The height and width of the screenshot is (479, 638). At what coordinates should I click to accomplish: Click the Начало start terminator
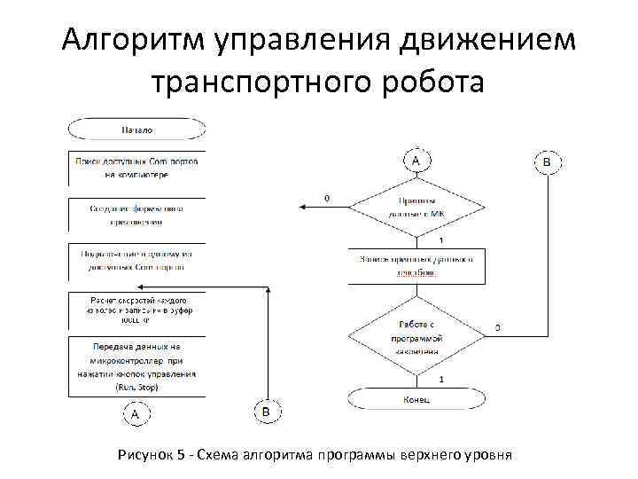click(136, 130)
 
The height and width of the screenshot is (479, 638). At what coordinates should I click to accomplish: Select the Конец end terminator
click(416, 400)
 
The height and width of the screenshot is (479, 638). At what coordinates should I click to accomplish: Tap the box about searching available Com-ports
click(136, 168)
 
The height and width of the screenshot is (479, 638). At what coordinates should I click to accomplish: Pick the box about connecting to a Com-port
click(136, 260)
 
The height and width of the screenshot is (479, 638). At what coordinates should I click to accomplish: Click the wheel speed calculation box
click(136, 310)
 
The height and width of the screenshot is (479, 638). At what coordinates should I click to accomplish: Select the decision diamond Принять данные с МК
click(416, 207)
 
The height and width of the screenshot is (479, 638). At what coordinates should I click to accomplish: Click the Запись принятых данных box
click(416, 265)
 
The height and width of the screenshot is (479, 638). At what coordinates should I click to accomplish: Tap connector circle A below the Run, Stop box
click(135, 414)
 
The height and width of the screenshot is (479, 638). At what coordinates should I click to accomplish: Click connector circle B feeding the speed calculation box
click(267, 412)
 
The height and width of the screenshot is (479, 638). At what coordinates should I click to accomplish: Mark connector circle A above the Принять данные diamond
click(416, 161)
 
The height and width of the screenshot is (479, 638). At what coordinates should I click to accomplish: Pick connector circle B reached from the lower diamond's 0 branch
click(547, 161)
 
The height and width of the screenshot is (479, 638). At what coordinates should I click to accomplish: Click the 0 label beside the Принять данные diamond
click(327, 198)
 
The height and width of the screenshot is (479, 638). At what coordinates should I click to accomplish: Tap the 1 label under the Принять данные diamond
click(441, 240)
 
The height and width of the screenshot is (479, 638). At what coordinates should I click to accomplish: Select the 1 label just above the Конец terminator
click(441, 380)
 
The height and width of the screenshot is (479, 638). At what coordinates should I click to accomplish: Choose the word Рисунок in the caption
click(144, 455)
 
